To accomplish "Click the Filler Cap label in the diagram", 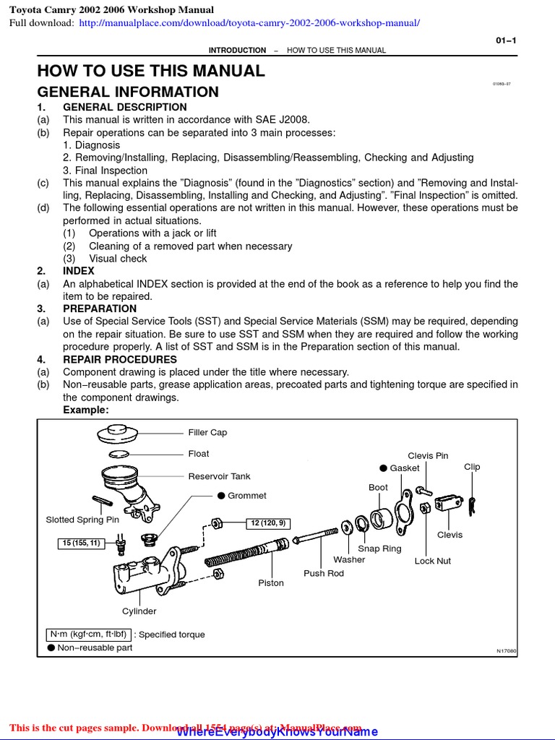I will pos(207,432).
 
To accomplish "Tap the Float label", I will pos(199,454).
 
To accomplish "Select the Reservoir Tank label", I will pos(219,476).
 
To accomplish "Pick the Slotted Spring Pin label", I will pos(82,520).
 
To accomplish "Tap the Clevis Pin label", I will pos(428,455).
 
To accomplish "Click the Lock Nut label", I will pos(432,561).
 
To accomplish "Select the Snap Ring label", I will pos(379,548).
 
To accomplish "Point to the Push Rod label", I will pos(324,573).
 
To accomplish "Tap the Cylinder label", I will pos(139,611).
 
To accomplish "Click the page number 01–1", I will pos(505,40).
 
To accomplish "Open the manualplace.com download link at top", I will pos(249,23).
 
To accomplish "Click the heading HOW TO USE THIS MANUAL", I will pos(151,71).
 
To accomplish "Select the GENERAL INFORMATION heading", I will pos(128,92).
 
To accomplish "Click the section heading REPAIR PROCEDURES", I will pos(119,359).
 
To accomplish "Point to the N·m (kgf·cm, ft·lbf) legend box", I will pos(88,634).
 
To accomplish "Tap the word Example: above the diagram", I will pos(86,410).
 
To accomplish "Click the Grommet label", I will pos(246,496).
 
